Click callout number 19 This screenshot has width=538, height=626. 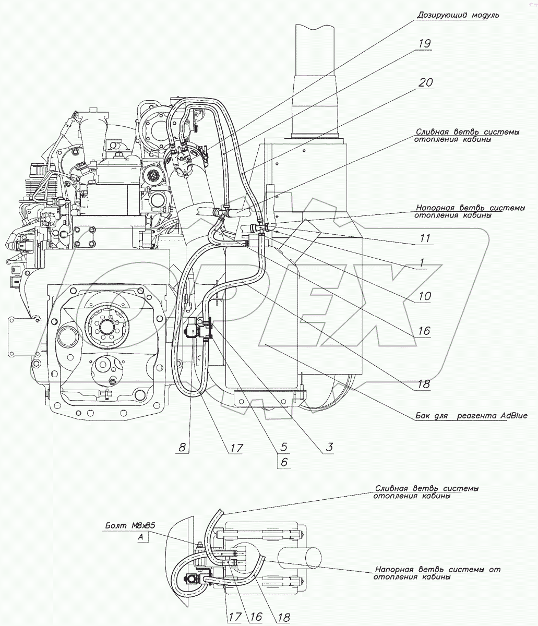coord(424,44)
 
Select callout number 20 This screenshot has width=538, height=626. coord(425,82)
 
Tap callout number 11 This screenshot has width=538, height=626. coord(425,239)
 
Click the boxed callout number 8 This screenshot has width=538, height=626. coord(182,447)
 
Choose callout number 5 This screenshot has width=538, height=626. coord(284,447)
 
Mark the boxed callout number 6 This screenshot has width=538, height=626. coord(284,462)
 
